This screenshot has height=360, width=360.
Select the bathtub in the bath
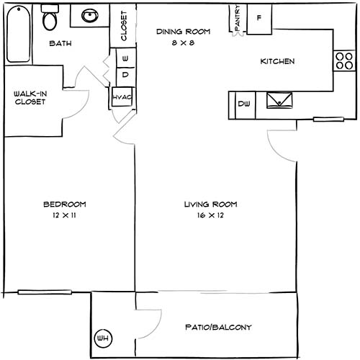pyautogui.click(x=17, y=34)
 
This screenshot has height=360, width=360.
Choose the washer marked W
pyautogui.click(x=125, y=57)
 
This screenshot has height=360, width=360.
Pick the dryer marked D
pyautogui.click(x=125, y=74)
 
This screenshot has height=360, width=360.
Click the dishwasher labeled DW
pyautogui.click(x=243, y=105)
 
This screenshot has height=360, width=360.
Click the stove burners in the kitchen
pyautogui.click(x=341, y=61)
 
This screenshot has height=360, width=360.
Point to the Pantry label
pyautogui.click(x=237, y=19)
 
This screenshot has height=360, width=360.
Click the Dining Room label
pyautogui.click(x=183, y=32)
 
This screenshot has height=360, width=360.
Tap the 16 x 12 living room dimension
pyautogui.click(x=210, y=215)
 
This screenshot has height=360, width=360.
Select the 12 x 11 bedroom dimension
pyautogui.click(x=64, y=215)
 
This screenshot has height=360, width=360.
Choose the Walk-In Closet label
pyautogui.click(x=30, y=98)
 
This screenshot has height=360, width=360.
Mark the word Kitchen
pyautogui.click(x=277, y=62)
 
